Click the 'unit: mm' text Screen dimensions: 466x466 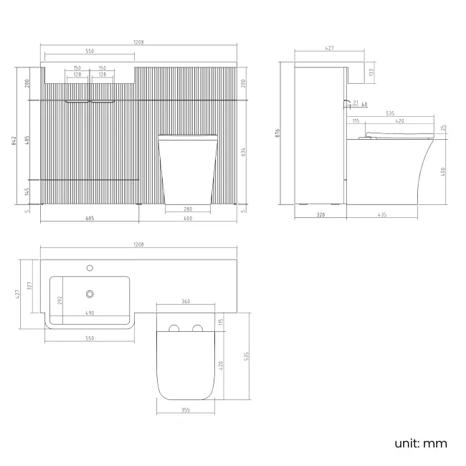point(421,444)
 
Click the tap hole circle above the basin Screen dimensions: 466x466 point(90,268)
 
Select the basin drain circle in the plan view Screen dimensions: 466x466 point(90,294)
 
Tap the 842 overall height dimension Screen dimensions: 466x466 point(14,141)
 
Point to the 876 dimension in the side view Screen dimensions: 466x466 point(277,133)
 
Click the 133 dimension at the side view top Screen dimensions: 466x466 point(371,72)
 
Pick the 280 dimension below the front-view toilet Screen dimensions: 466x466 point(188,209)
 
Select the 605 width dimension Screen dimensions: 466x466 point(90,218)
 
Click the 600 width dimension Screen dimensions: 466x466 point(188,218)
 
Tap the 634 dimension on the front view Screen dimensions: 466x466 point(244,152)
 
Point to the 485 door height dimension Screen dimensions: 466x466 point(27,141)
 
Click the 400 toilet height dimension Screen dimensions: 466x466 point(443,172)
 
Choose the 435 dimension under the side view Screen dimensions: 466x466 point(382,214)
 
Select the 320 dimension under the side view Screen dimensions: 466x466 point(320,214)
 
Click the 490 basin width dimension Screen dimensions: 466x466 point(90,313)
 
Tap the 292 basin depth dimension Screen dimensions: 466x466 point(60,300)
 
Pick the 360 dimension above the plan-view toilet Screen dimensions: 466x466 point(186,301)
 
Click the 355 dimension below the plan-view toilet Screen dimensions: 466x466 point(186,410)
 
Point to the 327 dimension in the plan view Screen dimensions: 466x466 point(29,286)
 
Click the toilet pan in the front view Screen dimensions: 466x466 point(188,169)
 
